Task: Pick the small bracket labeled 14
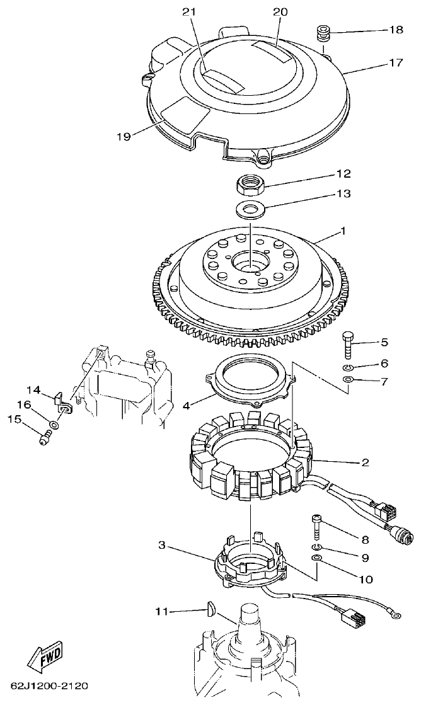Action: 62,401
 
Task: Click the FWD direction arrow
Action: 45,659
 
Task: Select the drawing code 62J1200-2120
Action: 49,685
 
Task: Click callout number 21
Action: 189,12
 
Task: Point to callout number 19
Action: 124,136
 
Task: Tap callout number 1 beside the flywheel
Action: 343,231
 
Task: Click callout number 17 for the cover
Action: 395,63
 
